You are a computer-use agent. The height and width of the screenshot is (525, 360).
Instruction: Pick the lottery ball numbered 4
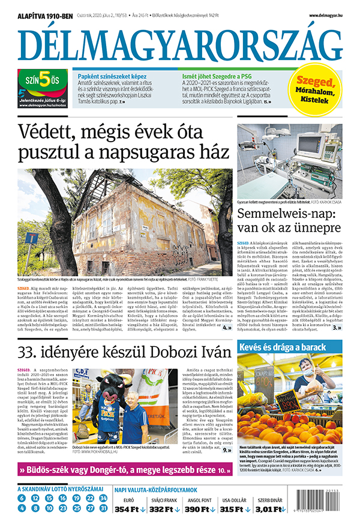pyautogui.click(x=21, y=509)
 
